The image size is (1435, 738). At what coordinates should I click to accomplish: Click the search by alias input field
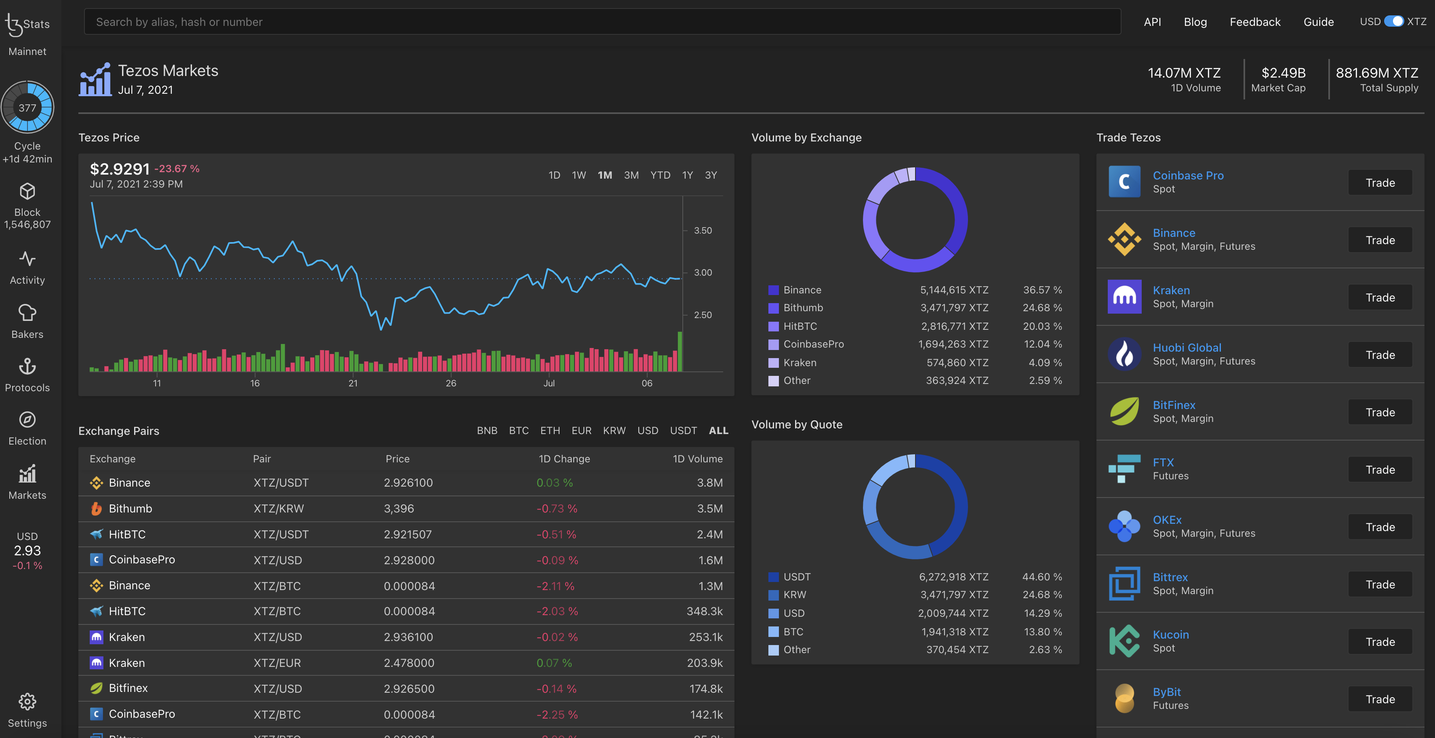click(x=602, y=22)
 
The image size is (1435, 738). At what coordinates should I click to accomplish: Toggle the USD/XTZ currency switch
click(x=1394, y=21)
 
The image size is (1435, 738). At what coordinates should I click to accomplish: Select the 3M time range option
click(x=631, y=175)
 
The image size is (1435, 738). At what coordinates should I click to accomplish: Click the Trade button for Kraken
click(x=1380, y=297)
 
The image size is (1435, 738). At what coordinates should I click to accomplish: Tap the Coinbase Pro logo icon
click(x=1124, y=182)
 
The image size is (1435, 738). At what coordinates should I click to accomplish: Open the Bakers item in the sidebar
click(x=27, y=321)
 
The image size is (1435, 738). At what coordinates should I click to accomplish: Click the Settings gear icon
click(x=27, y=702)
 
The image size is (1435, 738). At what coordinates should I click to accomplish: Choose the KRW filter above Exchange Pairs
click(x=614, y=430)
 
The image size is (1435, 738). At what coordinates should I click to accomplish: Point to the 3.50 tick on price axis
click(x=703, y=230)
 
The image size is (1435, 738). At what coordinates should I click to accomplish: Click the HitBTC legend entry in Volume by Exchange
click(x=800, y=326)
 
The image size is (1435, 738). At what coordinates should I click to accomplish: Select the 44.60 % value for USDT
click(x=1042, y=577)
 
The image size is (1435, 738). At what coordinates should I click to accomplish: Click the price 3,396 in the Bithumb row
click(x=399, y=508)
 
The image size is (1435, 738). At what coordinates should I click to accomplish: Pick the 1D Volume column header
click(x=697, y=459)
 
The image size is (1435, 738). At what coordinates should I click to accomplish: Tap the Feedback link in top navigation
click(x=1254, y=22)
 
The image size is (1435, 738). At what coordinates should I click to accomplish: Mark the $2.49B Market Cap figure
click(x=1283, y=73)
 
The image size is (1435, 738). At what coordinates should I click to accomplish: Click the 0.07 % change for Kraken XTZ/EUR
click(x=554, y=663)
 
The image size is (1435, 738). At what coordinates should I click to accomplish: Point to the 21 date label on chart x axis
click(x=353, y=383)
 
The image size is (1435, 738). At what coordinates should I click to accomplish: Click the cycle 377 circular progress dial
click(x=27, y=107)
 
